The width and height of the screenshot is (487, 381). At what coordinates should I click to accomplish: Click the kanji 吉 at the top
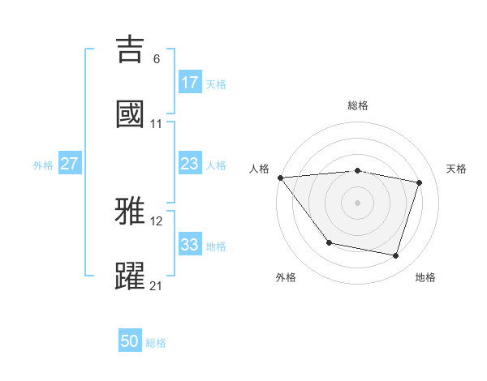(131, 49)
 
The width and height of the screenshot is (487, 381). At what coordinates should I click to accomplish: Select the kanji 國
(131, 114)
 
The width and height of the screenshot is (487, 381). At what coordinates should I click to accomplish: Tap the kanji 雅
(131, 212)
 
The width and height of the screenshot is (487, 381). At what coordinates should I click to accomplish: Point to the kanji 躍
(131, 276)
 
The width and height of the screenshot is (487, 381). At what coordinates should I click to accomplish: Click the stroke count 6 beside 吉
(156, 58)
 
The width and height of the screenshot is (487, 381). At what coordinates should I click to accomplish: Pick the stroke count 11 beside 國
(156, 123)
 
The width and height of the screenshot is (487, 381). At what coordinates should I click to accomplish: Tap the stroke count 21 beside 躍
(156, 285)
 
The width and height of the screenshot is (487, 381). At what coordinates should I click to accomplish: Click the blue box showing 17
(190, 83)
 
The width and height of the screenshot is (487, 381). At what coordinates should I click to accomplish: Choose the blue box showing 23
(190, 164)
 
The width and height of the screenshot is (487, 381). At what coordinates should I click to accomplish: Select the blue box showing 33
(190, 245)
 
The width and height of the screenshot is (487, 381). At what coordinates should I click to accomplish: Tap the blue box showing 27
(70, 164)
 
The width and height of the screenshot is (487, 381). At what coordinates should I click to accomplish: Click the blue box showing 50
(130, 341)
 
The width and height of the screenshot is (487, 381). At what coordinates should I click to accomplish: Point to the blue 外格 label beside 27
(43, 165)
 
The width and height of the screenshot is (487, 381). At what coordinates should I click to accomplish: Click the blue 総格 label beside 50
(156, 343)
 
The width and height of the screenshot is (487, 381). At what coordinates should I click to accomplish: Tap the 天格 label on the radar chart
(456, 169)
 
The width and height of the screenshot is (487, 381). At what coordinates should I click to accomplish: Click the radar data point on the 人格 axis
(280, 178)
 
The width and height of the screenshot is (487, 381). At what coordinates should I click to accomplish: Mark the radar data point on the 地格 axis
(395, 256)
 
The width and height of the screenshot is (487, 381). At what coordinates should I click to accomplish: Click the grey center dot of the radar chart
(357, 202)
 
